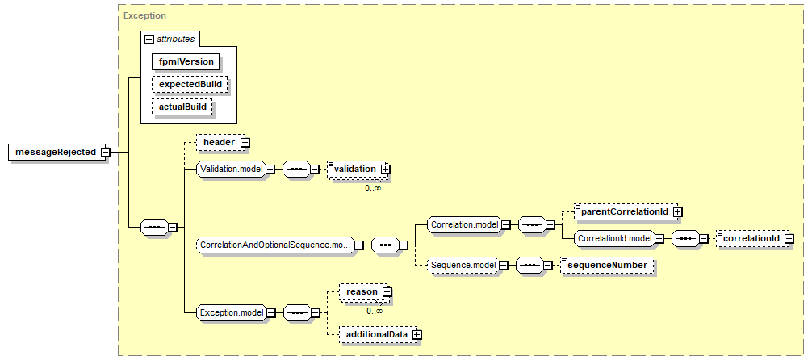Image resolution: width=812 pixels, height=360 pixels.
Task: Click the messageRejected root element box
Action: [56, 153]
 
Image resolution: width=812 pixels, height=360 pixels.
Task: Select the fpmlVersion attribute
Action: [186, 61]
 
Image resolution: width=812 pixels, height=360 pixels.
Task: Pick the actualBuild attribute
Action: [182, 107]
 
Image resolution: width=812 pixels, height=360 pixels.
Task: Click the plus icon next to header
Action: [245, 142]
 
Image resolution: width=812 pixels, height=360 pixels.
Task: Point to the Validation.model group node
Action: [232, 169]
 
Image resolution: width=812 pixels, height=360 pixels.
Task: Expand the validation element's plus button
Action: [385, 169]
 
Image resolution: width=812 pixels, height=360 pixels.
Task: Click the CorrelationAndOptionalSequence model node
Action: [276, 245]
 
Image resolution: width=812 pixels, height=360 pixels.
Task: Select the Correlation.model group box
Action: [463, 225]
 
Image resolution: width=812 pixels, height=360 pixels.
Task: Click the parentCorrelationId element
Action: [626, 211]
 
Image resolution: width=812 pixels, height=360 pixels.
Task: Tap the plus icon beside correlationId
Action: [789, 238]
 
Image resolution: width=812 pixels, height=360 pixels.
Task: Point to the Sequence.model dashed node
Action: [462, 266]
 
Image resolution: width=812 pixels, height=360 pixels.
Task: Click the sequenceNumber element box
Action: [606, 266]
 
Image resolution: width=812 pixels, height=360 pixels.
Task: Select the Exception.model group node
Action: [232, 312]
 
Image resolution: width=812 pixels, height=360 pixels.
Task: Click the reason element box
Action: [363, 292]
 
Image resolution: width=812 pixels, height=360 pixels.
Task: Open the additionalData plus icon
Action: [417, 335]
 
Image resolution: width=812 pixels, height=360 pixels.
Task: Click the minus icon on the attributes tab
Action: [149, 39]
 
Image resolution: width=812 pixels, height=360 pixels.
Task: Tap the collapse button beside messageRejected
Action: [105, 153]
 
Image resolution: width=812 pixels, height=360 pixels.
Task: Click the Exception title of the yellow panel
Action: [144, 15]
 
